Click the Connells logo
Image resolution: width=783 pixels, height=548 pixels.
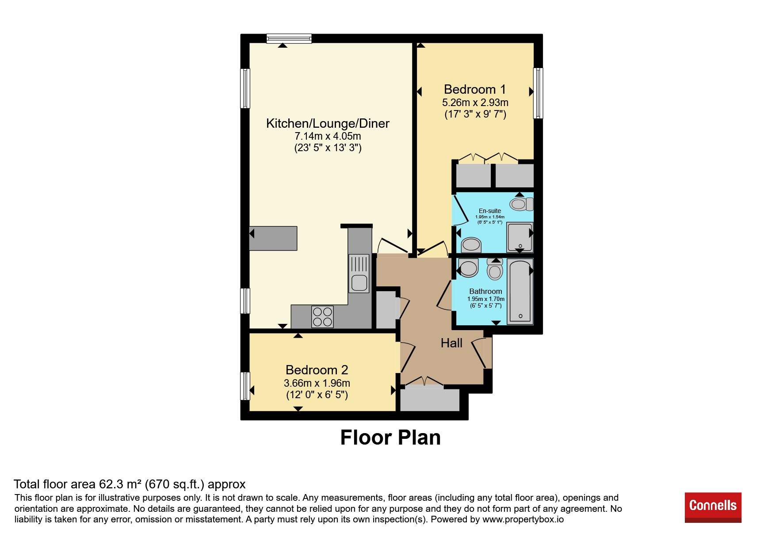[x=713, y=507]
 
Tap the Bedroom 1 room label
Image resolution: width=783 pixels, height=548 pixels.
[x=475, y=90]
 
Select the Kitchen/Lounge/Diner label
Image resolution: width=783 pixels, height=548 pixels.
[x=328, y=123]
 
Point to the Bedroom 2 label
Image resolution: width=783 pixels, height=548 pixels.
[x=317, y=370]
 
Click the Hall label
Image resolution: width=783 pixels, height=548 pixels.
[x=451, y=343]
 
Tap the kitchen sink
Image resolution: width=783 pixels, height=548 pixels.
[x=359, y=274]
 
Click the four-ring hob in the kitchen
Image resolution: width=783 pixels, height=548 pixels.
[x=322, y=317]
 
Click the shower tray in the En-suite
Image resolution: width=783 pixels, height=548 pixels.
[x=519, y=237]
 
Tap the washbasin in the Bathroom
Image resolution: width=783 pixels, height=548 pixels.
[x=468, y=268]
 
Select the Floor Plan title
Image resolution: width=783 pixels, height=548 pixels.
[x=390, y=438]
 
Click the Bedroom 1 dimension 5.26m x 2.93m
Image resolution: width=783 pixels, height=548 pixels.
[x=475, y=103]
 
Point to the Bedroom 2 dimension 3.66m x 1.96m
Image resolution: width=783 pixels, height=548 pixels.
[x=317, y=383]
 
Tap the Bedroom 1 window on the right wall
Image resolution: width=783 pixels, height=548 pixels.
[x=538, y=93]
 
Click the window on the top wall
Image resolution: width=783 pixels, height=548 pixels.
[x=289, y=38]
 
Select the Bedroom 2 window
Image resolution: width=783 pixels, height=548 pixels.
[x=245, y=386]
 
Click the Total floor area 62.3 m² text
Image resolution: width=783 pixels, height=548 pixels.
[x=130, y=484]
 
